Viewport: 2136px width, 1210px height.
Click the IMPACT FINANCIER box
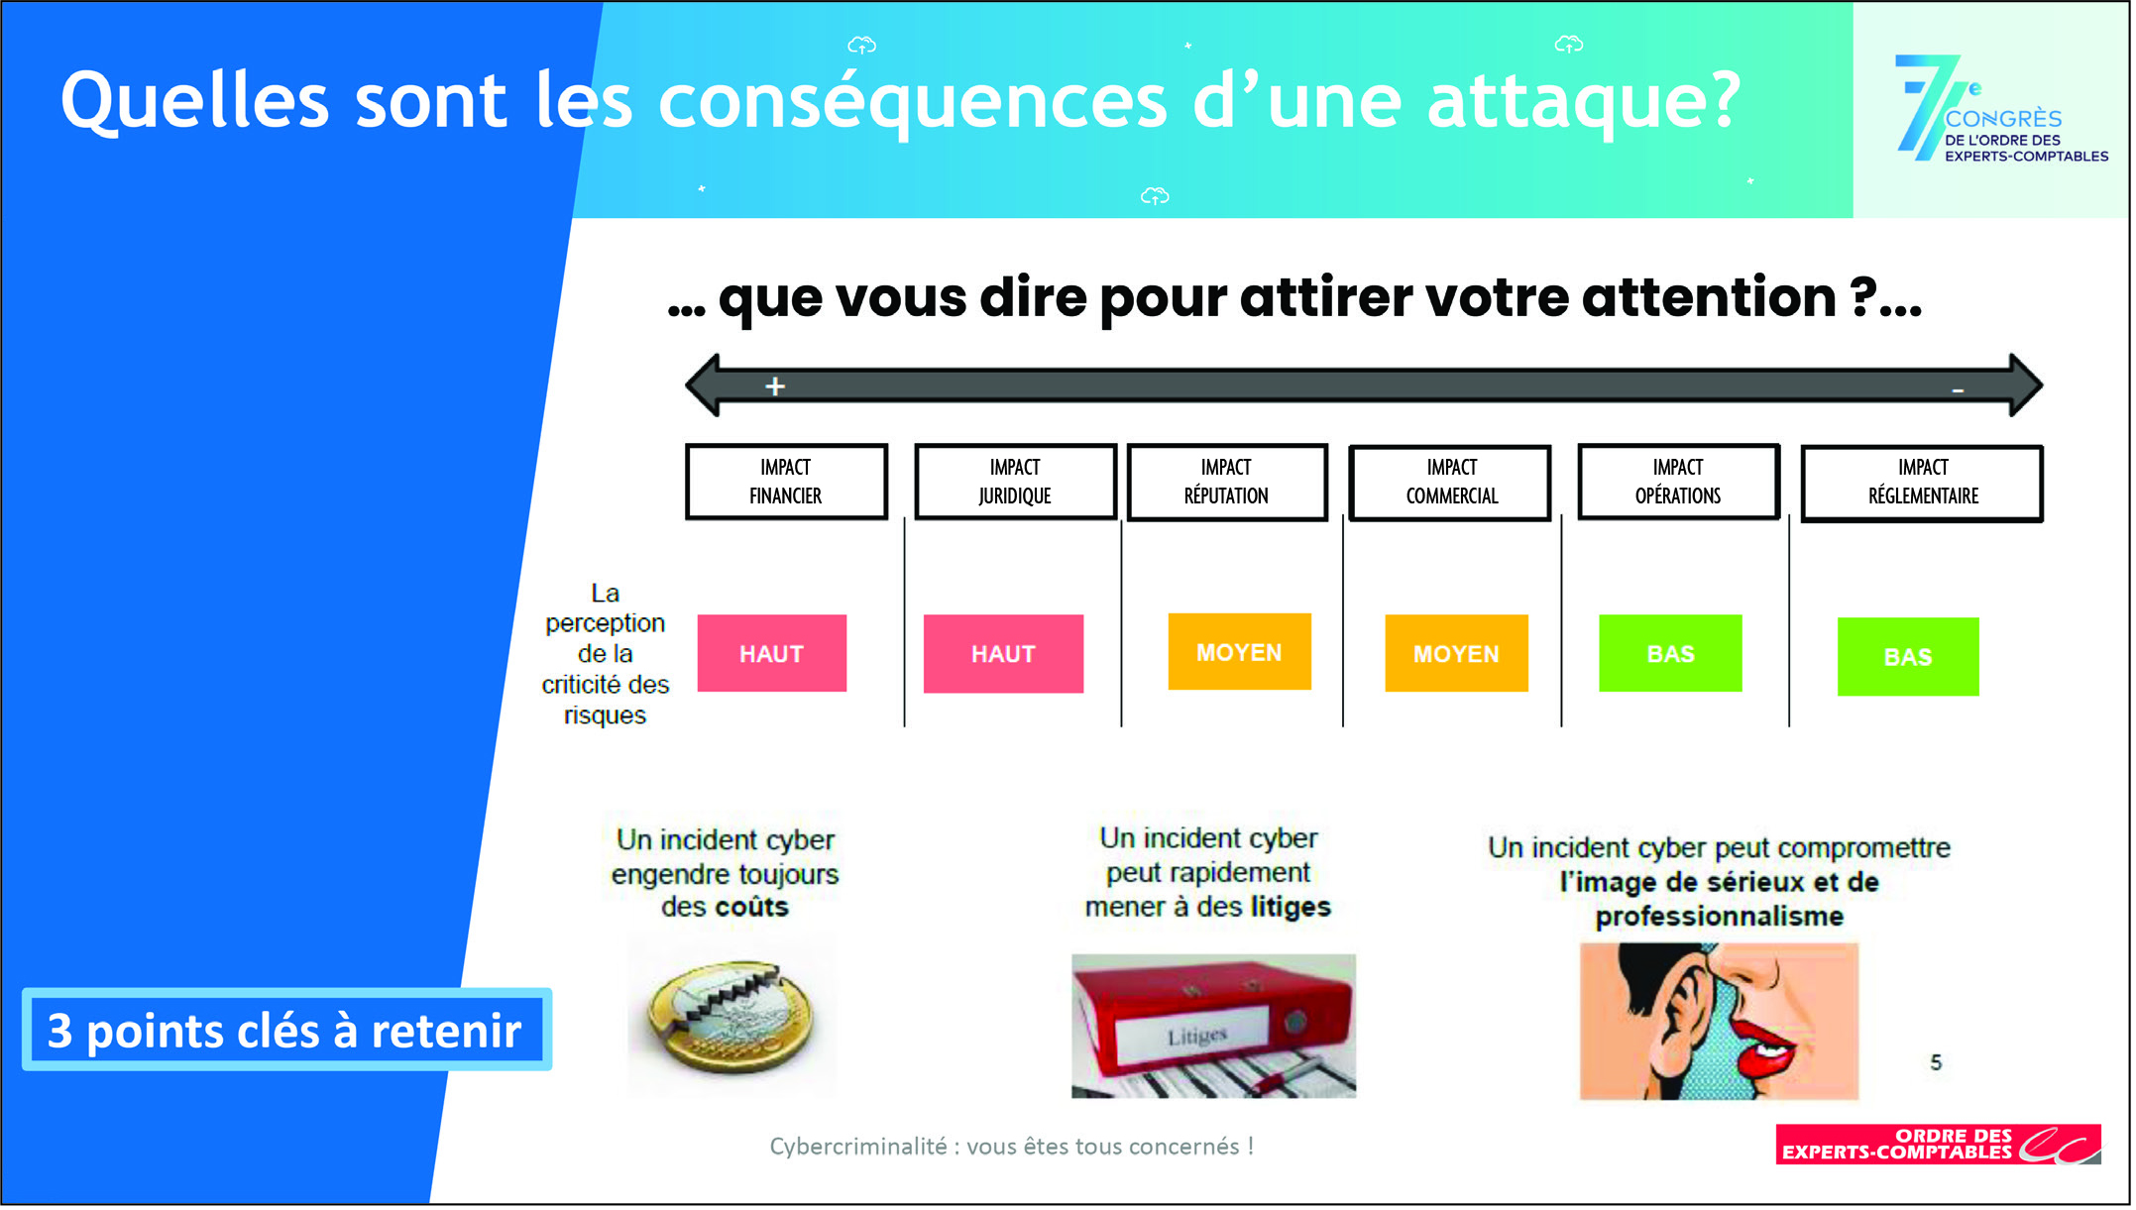pos(786,482)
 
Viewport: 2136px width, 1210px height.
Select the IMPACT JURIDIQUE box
pos(1015,482)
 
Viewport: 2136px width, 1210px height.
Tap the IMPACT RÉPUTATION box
pos(1227,482)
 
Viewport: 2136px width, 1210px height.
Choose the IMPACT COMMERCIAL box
pos(1451,483)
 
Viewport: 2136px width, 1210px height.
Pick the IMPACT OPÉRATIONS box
pos(1678,482)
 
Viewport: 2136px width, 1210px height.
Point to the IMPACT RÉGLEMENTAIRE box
pos(1922,483)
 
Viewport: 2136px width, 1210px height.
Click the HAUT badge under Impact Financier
pos(772,653)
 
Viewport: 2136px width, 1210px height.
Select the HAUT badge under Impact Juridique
pos(1003,654)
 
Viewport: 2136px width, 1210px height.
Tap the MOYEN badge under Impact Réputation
pos(1239,652)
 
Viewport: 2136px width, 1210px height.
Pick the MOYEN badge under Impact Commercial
pos(1456,653)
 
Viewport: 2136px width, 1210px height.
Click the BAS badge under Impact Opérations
pos(1670,653)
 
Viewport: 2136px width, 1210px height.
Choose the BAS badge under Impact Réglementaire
pos(1908,657)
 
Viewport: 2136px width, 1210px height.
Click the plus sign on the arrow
pos(775,386)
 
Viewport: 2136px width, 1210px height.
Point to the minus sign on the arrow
pos(1958,390)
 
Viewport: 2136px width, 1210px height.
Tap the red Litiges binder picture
pos(1213,1026)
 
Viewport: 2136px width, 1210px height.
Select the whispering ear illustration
pos(1719,1022)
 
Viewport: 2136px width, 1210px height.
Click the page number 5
pos(1936,1063)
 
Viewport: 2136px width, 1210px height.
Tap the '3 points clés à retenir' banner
pos(286,1031)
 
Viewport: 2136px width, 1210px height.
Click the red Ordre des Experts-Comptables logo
pos(1938,1145)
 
